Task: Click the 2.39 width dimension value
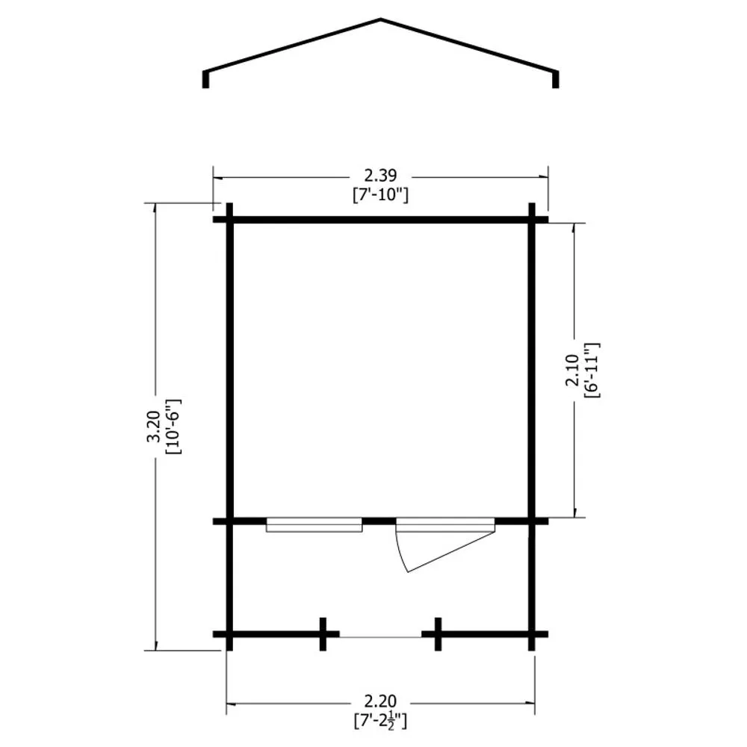380,176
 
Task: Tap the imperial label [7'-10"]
380,195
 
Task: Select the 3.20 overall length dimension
153,427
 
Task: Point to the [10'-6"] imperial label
173,427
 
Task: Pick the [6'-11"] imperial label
592,371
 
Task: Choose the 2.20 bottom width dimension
380,701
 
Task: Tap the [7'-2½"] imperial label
380,720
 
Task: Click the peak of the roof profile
381,19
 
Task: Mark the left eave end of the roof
206,80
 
